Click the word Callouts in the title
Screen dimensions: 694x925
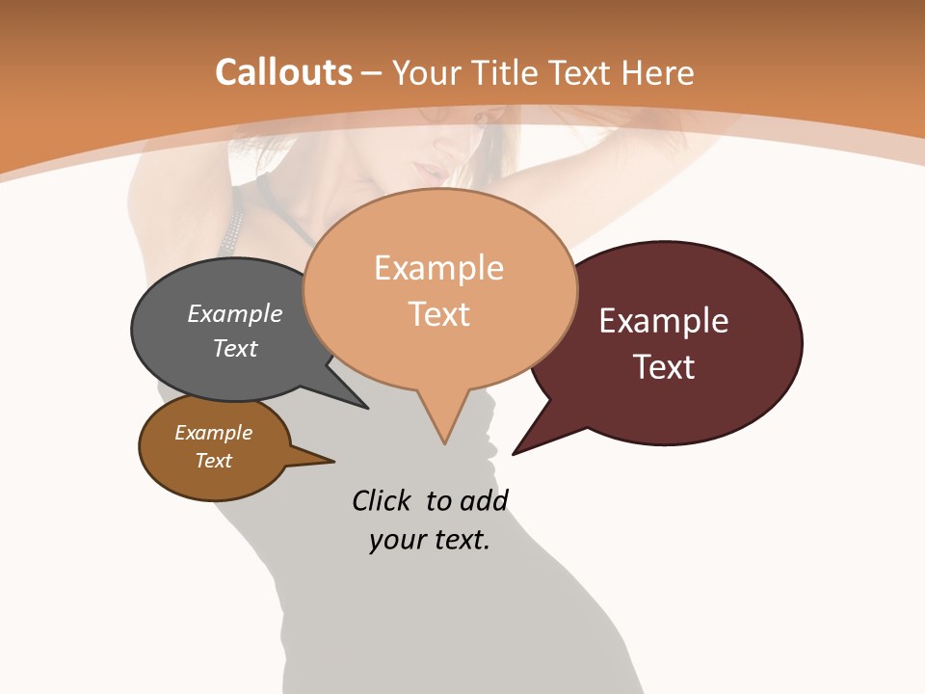click(x=283, y=72)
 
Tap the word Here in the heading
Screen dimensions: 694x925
click(x=659, y=72)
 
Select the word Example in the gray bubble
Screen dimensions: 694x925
click(x=235, y=313)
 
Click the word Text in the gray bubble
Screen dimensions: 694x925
click(x=235, y=348)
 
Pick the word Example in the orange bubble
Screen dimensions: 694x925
click(x=438, y=268)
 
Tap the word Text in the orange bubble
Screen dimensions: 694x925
click(x=439, y=314)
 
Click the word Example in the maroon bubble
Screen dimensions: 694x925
click(x=664, y=321)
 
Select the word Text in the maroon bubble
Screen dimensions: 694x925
click(x=664, y=367)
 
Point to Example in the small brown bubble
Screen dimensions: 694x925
click(x=214, y=433)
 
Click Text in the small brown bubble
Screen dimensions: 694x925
click(x=214, y=461)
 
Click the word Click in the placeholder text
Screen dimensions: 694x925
click(x=381, y=501)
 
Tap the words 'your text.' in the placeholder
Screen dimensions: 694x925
click(x=430, y=540)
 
